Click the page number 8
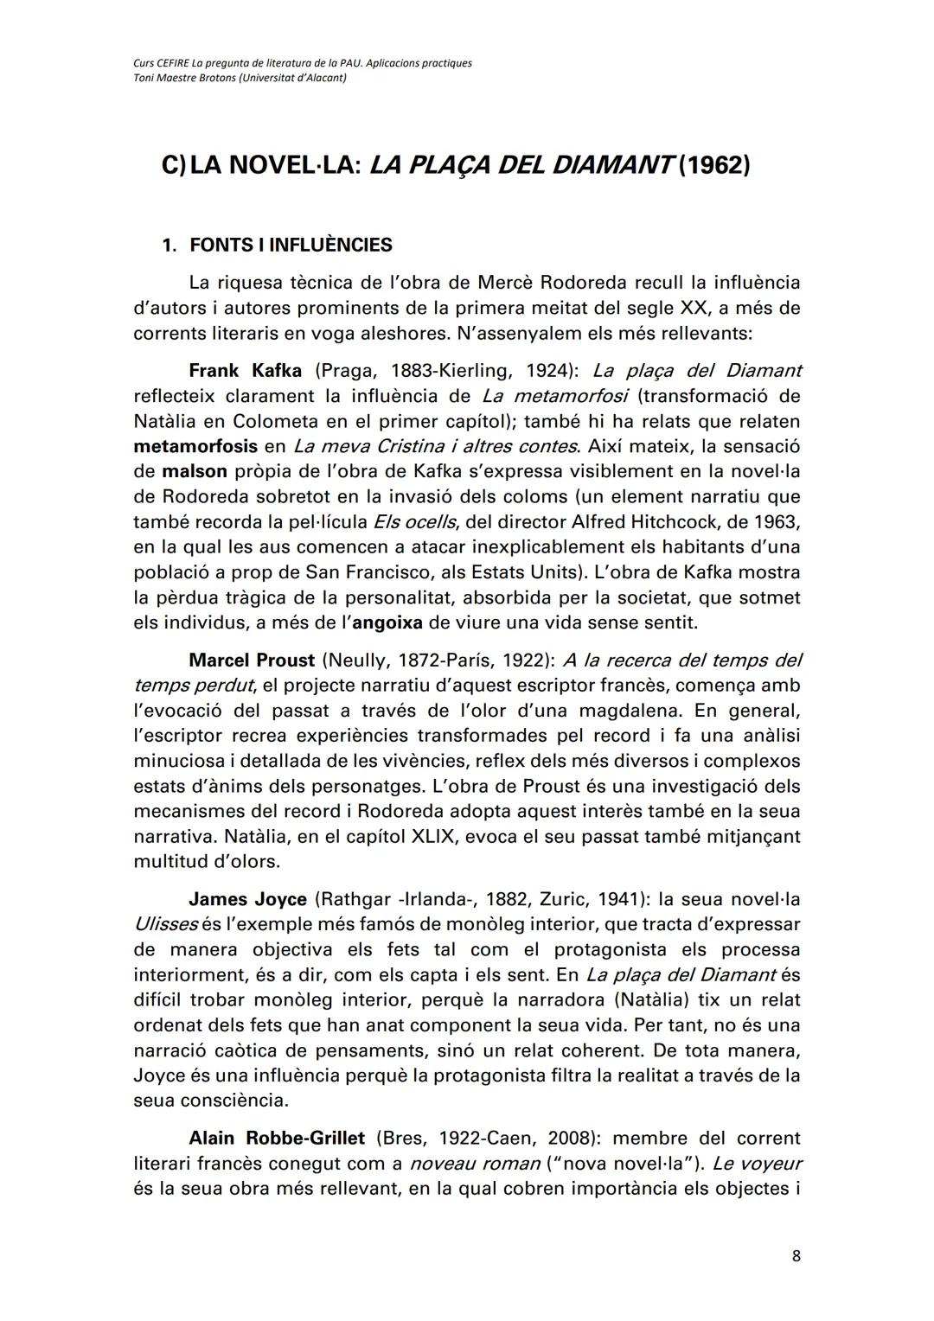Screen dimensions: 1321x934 pos(796,1256)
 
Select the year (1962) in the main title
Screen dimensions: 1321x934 pos(714,164)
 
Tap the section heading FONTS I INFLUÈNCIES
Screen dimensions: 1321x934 pos(290,245)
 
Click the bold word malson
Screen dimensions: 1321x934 pos(195,472)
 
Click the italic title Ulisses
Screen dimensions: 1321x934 pos(166,924)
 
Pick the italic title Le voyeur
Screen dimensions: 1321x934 pos(758,1164)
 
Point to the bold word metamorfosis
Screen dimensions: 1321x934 pos(195,447)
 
